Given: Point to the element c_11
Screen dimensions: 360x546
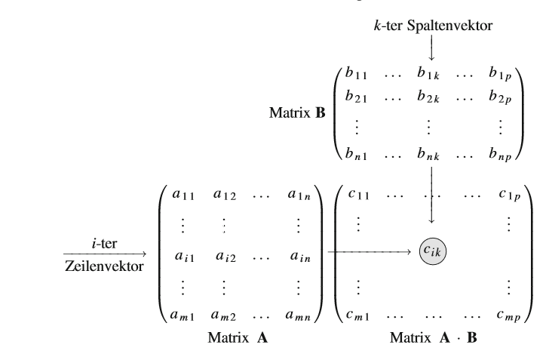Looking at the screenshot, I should click(x=354, y=194).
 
